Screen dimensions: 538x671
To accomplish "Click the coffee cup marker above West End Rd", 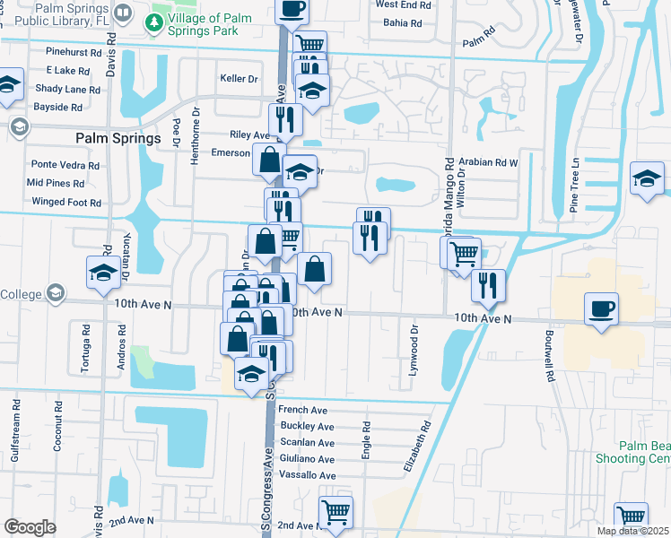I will pos(291,9).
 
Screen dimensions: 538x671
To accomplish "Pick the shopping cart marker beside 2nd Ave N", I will pos(335,512).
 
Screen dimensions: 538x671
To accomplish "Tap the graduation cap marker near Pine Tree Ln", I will pos(647,177).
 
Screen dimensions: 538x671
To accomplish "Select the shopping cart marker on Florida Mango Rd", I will pos(464,253).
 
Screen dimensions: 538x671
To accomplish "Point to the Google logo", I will pos(29,527).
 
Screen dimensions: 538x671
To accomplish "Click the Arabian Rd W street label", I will pos(489,163).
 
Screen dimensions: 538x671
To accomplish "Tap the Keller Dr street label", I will pos(239,78).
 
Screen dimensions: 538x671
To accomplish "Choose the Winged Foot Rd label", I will pos(66,203).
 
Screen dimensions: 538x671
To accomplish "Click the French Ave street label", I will pos(300,410).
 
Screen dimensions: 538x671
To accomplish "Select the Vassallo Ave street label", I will pos(308,474).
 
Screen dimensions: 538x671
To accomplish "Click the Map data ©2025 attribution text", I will pos(633,531).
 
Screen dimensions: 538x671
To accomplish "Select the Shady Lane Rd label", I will pos(67,89).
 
